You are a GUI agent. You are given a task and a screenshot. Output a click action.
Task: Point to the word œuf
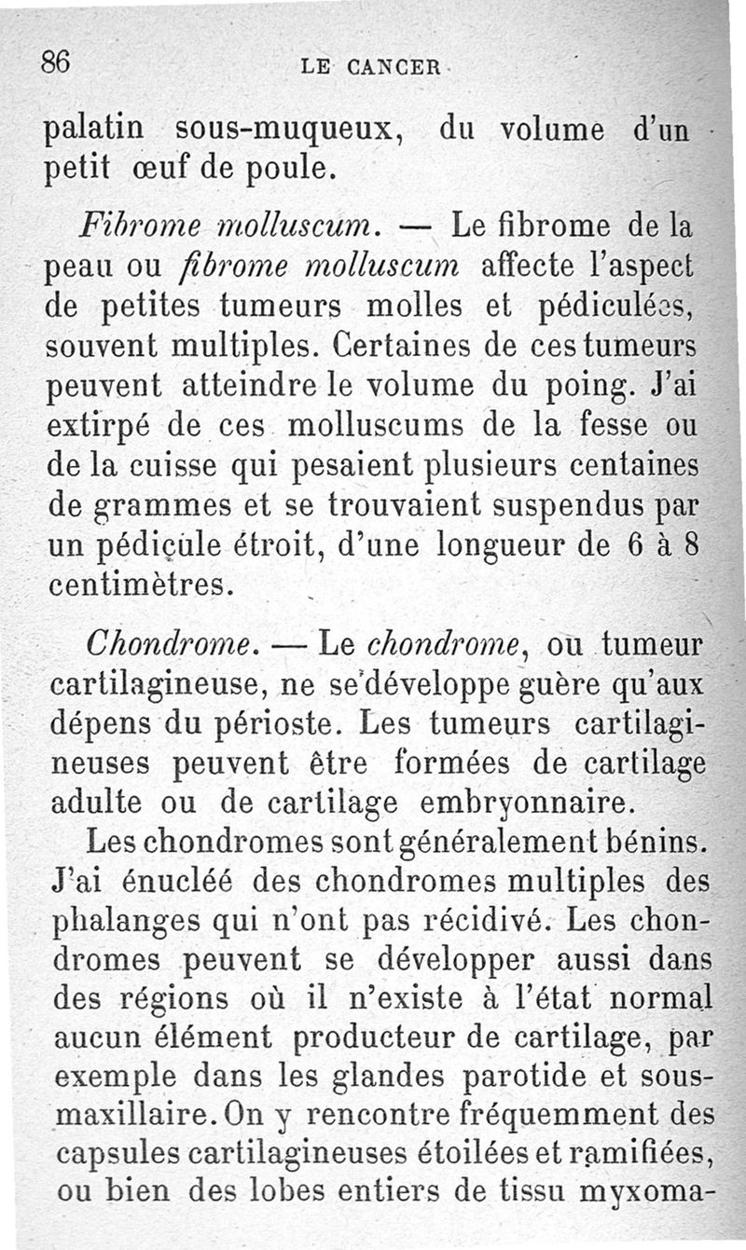tap(163, 169)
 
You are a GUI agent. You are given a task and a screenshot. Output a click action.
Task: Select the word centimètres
tap(141, 586)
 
